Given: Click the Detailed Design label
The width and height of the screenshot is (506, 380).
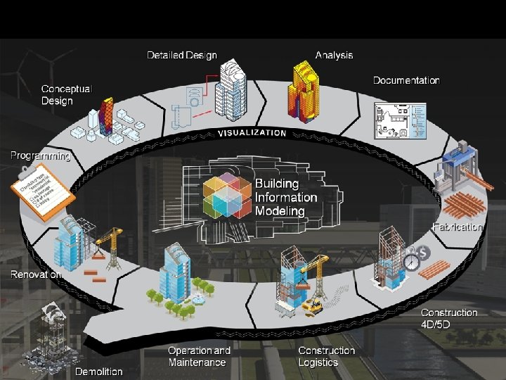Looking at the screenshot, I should (181, 55).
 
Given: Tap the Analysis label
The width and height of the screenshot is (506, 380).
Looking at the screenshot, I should (334, 55).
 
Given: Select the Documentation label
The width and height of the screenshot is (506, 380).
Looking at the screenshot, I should (406, 80).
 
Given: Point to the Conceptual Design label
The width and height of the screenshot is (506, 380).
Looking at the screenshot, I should (66, 95).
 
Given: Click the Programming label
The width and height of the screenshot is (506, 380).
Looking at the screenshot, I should (40, 156).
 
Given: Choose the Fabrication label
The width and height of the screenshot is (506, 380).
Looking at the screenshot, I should (458, 227).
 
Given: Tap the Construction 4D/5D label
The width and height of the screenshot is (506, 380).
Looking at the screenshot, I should (449, 318).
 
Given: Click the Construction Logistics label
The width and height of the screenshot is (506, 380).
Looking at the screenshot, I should (327, 356).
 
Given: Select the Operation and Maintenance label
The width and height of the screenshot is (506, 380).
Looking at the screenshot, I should (199, 356).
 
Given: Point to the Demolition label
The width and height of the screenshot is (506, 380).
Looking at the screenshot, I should (98, 371).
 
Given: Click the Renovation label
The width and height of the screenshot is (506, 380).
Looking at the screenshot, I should (35, 274).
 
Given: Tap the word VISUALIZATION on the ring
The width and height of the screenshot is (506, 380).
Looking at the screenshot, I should (252, 132).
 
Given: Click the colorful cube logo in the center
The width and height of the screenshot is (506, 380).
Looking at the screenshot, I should (226, 194).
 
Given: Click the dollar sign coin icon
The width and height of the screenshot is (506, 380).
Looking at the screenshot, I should (424, 252).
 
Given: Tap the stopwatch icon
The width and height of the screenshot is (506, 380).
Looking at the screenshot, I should (411, 262).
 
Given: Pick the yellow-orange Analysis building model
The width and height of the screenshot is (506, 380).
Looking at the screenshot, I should (306, 89).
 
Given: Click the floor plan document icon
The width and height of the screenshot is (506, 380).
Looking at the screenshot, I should (399, 120).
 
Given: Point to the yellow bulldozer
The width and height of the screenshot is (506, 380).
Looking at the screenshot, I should (312, 305).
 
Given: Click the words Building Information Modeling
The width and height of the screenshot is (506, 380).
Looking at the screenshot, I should (285, 197).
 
